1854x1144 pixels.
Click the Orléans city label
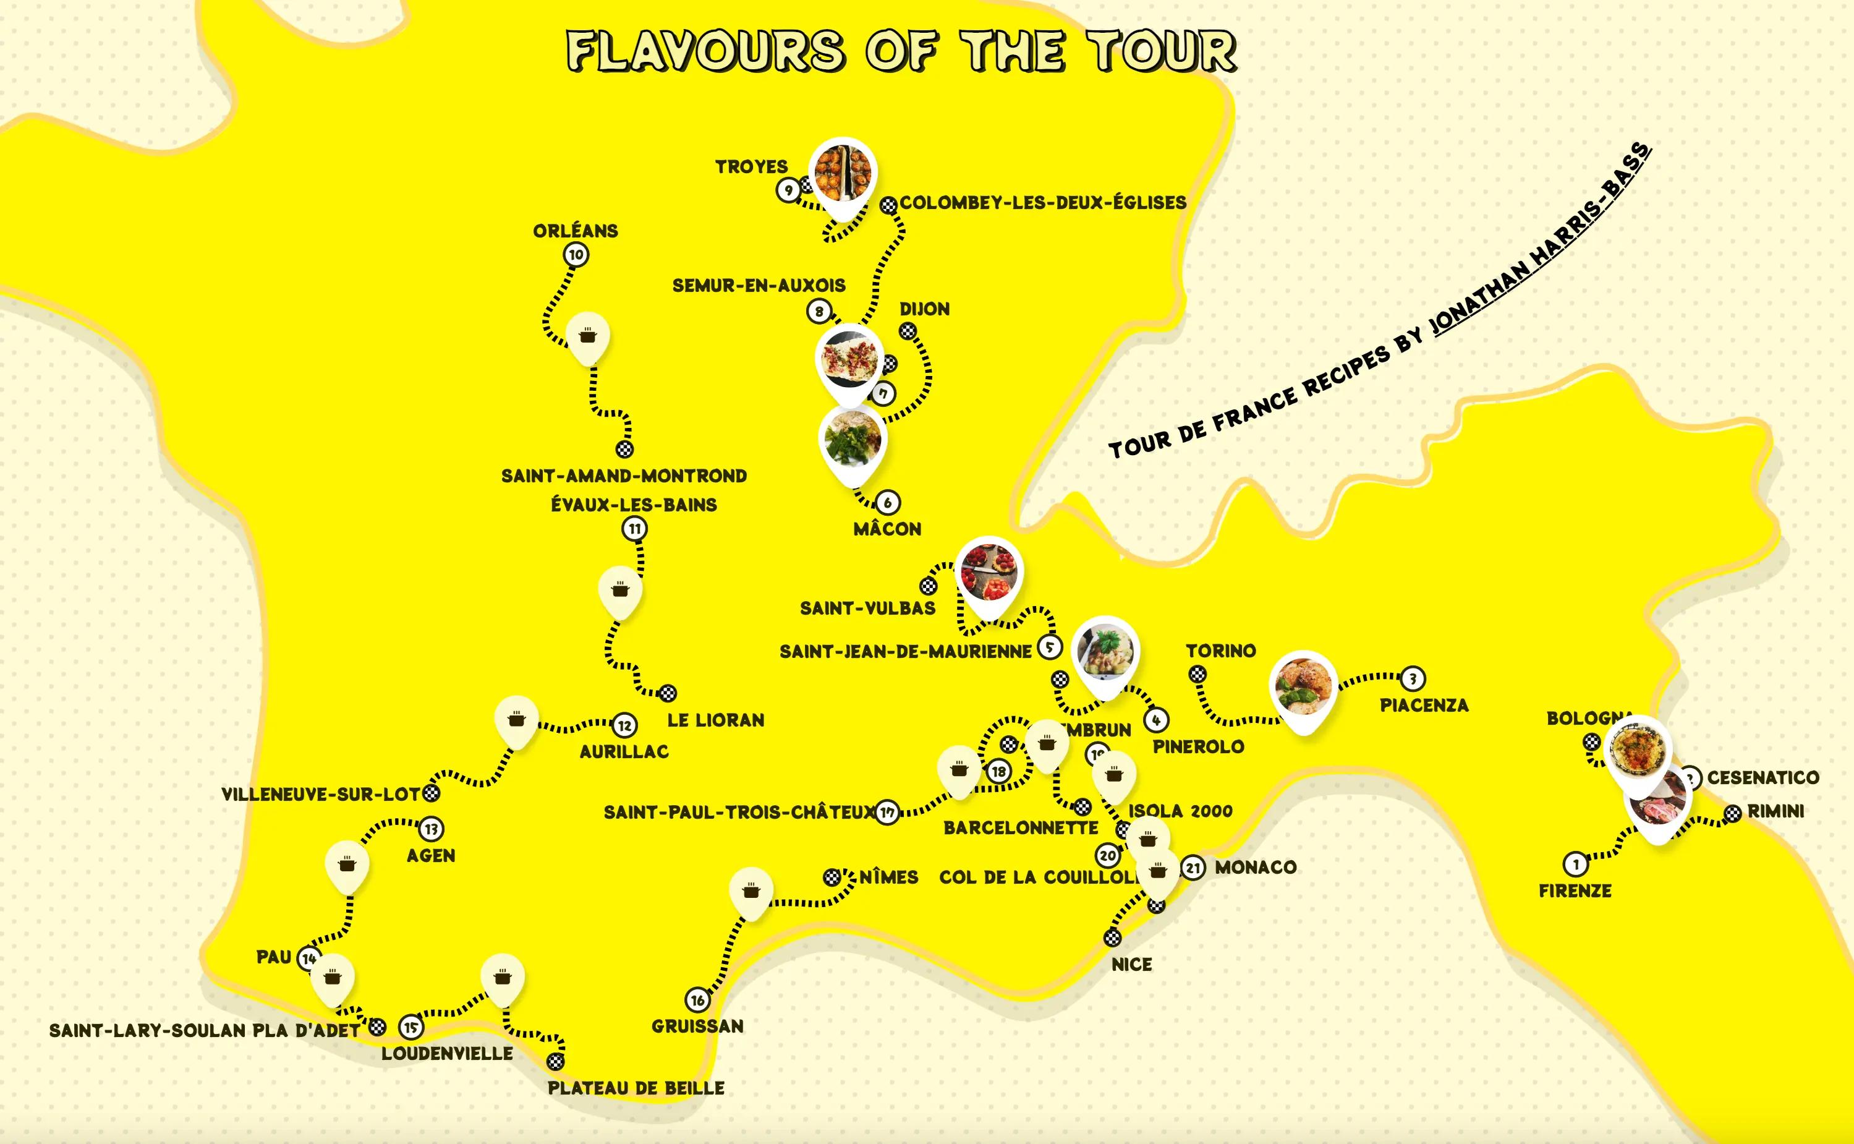(575, 231)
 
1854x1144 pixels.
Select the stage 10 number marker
(576, 255)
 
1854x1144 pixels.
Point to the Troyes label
(751, 166)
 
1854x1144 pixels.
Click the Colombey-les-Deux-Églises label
(1042, 203)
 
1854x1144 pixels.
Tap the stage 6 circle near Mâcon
(887, 502)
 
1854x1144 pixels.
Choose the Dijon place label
(924, 309)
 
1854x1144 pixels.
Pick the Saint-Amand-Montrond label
(623, 476)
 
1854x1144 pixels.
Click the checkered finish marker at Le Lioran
(667, 693)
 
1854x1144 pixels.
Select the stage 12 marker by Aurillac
(624, 725)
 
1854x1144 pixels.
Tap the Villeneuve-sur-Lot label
(320, 795)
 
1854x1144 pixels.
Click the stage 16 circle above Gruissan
(697, 1001)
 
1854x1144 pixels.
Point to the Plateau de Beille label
(636, 1088)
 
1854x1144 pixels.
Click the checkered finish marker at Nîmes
(832, 877)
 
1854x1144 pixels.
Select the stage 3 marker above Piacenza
(1412, 679)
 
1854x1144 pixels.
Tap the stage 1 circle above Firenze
(1576, 864)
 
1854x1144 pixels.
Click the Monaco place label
(1255, 867)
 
